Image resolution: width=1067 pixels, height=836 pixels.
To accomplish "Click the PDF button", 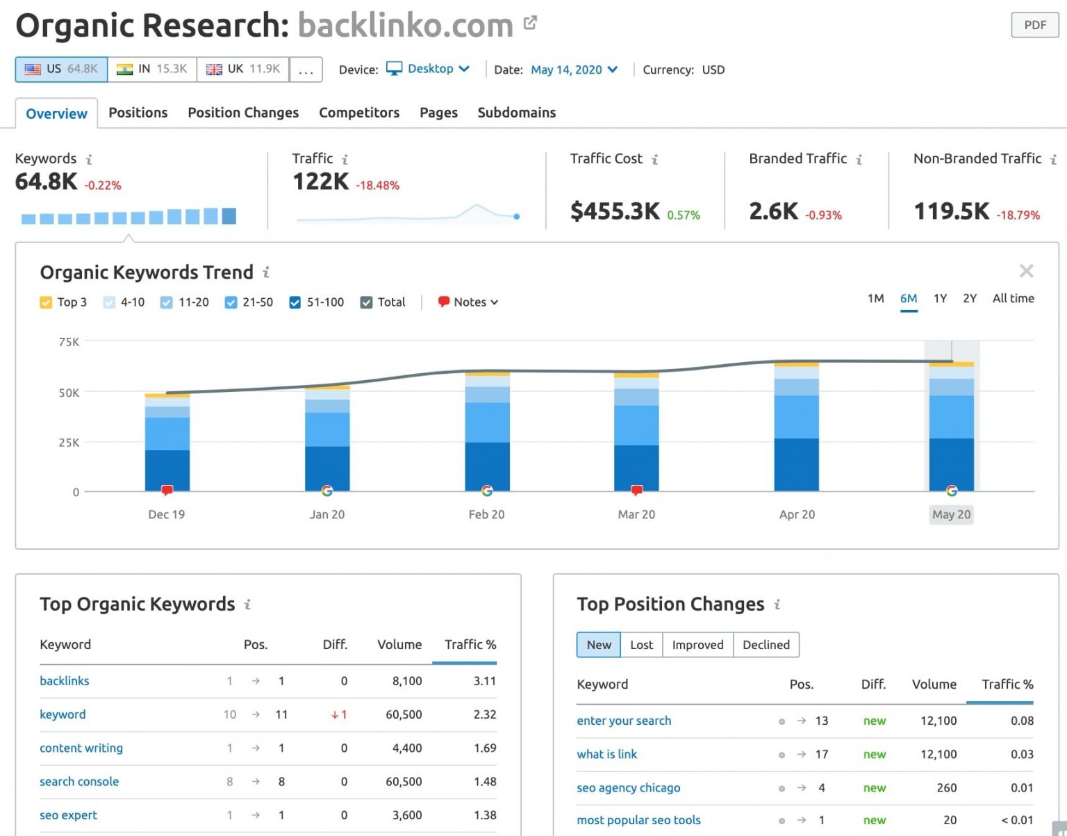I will click(1034, 25).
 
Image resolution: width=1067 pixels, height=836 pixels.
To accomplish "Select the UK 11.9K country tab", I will click(242, 69).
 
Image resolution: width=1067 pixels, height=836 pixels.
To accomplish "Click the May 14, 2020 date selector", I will click(574, 69).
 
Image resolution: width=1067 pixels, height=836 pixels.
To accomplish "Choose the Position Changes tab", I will click(243, 113).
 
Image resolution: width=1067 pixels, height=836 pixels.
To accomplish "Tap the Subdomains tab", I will click(516, 113).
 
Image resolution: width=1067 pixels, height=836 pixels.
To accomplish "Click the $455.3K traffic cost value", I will click(615, 211).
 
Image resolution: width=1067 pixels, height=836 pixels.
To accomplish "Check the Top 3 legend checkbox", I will click(46, 302).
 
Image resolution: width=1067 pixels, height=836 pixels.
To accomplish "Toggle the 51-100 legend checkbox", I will click(295, 302).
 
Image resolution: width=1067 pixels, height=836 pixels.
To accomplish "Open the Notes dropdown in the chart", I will click(469, 302).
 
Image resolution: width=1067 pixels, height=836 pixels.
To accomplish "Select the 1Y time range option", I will click(940, 298).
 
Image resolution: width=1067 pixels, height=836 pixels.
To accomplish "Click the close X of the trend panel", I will click(1026, 271).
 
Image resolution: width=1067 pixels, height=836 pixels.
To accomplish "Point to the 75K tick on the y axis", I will click(69, 342).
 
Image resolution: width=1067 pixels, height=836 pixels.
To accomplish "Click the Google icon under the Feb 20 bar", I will click(487, 491).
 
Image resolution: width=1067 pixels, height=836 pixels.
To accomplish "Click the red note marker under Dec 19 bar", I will click(167, 491).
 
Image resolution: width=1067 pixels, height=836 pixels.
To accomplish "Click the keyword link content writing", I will click(81, 748).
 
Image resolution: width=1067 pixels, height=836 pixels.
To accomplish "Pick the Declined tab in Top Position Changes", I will click(766, 645).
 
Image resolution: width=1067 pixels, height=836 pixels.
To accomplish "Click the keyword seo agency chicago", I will click(628, 787).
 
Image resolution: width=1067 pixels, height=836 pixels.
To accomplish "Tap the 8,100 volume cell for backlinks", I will click(406, 681).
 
